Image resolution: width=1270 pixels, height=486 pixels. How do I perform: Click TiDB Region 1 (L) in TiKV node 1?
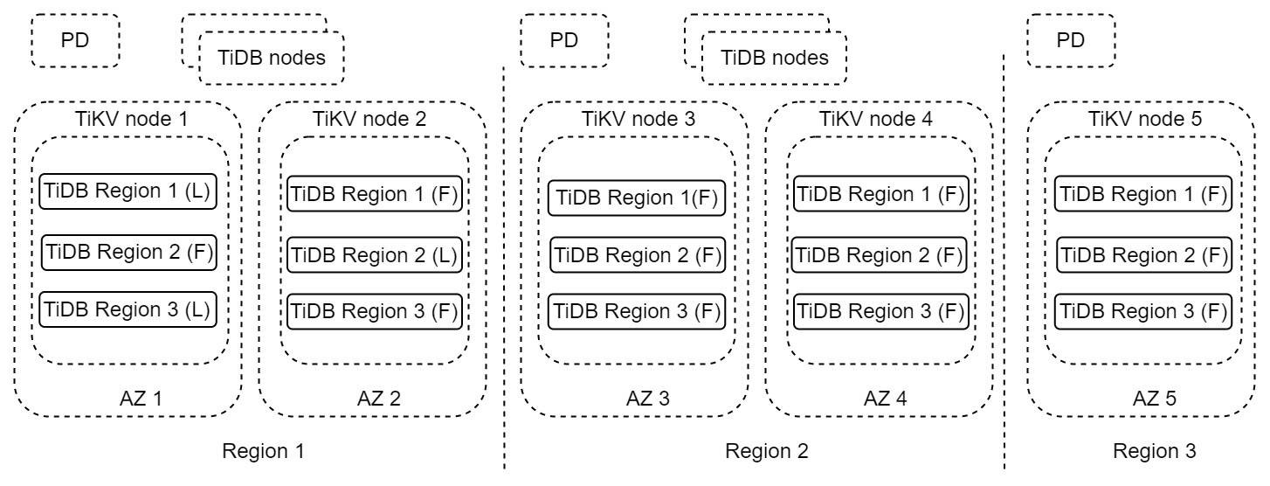128,192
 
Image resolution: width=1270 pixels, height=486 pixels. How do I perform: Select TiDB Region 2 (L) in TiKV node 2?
373,255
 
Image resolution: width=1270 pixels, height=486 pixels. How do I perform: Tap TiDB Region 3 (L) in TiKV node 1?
128,309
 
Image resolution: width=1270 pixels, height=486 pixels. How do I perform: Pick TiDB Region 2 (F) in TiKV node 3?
635,255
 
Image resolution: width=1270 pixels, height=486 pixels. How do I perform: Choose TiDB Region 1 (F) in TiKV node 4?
879,193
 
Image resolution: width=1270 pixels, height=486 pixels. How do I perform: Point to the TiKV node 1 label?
128,119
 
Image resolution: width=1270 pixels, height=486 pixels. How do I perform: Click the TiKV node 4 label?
879,119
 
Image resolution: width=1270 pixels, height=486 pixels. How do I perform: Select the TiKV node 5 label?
1143,119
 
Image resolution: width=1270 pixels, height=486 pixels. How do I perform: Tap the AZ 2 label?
379,399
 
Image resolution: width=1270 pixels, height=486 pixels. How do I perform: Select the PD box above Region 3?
1070,40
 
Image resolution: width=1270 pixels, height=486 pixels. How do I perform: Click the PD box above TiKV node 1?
75,40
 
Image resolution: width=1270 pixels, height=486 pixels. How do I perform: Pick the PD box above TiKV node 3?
563,40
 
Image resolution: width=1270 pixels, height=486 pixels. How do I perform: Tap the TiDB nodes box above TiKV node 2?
272,59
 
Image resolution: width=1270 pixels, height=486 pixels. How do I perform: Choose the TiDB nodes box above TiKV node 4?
774,59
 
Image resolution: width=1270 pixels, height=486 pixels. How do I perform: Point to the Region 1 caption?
265,452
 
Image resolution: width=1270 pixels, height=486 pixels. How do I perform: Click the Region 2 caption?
767,452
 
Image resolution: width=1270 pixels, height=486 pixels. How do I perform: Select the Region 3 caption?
1154,452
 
